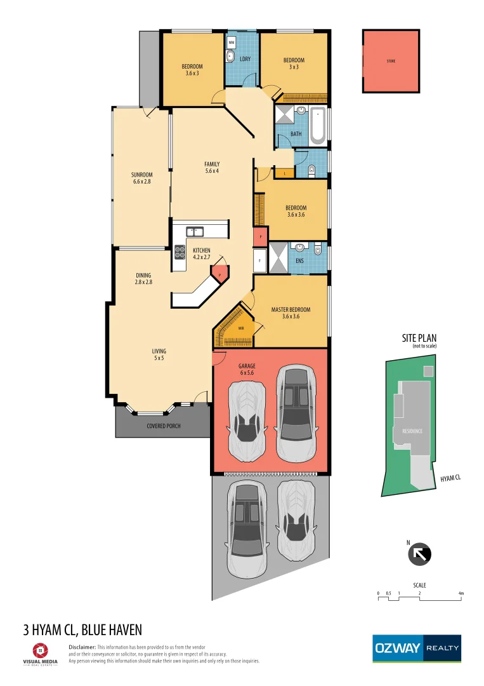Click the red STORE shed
pyautogui.click(x=391, y=61)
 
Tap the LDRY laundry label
pyautogui.click(x=245, y=59)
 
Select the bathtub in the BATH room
pyautogui.click(x=317, y=125)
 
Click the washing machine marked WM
pyautogui.click(x=232, y=43)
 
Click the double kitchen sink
pyautogui.click(x=194, y=232)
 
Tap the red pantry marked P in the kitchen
pyautogui.click(x=219, y=274)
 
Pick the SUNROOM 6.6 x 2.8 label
pyautogui.click(x=142, y=178)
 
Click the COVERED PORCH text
pyautogui.click(x=164, y=426)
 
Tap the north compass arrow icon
pyautogui.click(x=419, y=554)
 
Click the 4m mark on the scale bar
pyautogui.click(x=461, y=593)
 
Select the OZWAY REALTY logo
pyautogui.click(x=416, y=648)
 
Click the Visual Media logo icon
pyautogui.click(x=41, y=650)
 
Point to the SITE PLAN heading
pyautogui.click(x=419, y=338)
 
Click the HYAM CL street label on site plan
pyautogui.click(x=450, y=477)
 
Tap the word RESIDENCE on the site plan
pyautogui.click(x=412, y=431)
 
